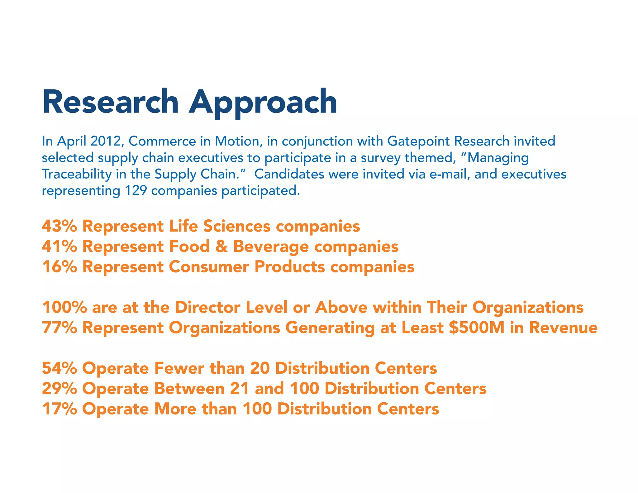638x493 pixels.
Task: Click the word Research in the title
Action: tap(110, 102)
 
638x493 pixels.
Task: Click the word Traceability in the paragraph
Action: tap(76, 174)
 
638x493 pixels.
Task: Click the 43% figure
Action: tap(59, 226)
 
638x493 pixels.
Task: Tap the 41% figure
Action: tap(59, 246)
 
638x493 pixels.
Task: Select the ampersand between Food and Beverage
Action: tap(221, 246)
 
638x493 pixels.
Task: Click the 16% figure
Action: tap(59, 267)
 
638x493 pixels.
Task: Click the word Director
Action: tap(207, 307)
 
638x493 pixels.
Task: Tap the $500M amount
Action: tap(476, 328)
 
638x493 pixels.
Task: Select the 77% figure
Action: tap(59, 328)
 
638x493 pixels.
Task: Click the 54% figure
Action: tap(59, 368)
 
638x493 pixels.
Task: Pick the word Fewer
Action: tap(179, 368)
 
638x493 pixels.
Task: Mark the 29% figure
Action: tap(59, 389)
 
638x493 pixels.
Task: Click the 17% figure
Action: tap(59, 409)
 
